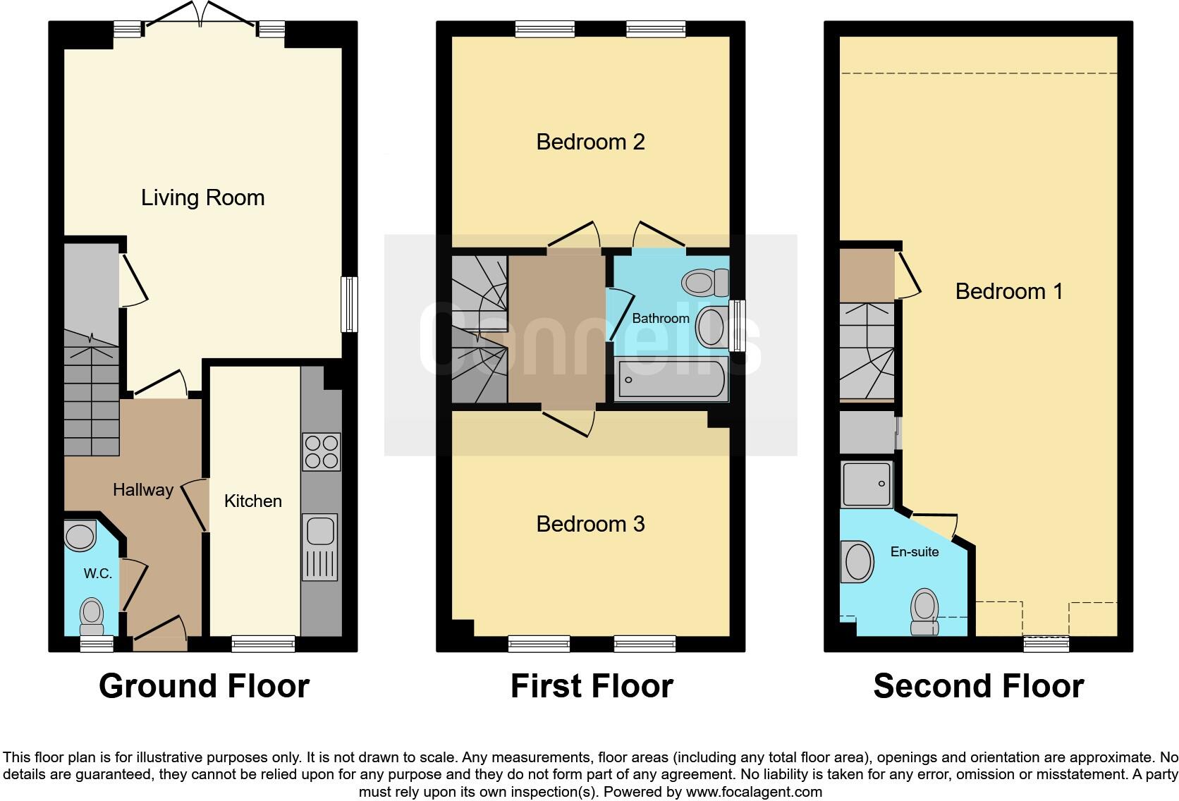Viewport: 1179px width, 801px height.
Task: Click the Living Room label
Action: (203, 197)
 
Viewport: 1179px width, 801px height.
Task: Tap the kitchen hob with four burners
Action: (321, 452)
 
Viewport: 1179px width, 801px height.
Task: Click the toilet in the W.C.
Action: (92, 616)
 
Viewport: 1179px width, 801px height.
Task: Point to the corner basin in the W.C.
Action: (79, 536)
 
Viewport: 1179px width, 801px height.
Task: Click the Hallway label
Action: (143, 490)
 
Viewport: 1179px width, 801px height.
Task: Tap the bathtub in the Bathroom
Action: (670, 380)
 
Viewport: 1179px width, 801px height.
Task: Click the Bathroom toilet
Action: (704, 283)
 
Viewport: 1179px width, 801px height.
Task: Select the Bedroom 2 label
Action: (590, 142)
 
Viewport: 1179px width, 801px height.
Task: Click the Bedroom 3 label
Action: (590, 524)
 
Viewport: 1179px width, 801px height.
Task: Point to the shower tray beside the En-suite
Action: (867, 484)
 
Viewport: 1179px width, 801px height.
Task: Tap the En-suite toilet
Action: (924, 611)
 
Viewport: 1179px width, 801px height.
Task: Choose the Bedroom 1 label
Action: (1008, 291)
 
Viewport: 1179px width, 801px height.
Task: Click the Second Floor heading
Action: (978, 686)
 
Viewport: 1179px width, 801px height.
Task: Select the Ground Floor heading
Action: (204, 686)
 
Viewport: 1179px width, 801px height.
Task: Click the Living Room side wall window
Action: (349, 304)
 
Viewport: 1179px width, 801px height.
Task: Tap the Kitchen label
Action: (252, 501)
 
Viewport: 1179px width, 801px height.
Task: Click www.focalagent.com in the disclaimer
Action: (754, 792)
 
